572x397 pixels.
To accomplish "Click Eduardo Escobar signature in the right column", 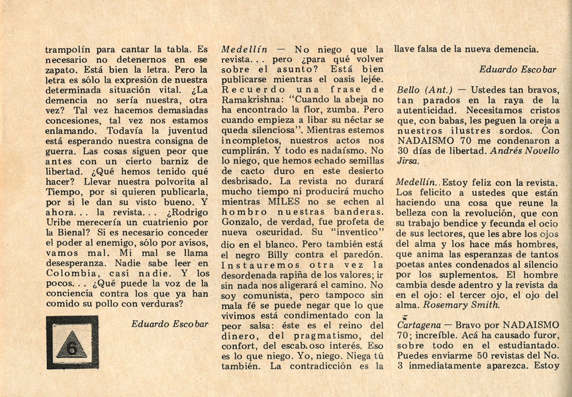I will tap(520, 68).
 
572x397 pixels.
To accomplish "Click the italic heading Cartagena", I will tap(420, 325).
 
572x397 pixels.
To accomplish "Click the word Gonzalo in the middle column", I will tap(242, 222).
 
